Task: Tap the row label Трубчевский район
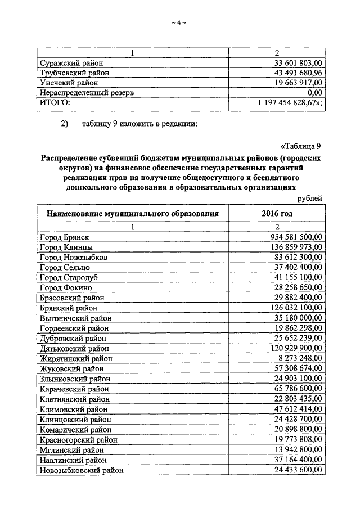coord(74,73)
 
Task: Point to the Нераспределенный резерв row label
coord(87,93)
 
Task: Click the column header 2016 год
coord(277,213)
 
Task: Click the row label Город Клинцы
coord(67,247)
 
